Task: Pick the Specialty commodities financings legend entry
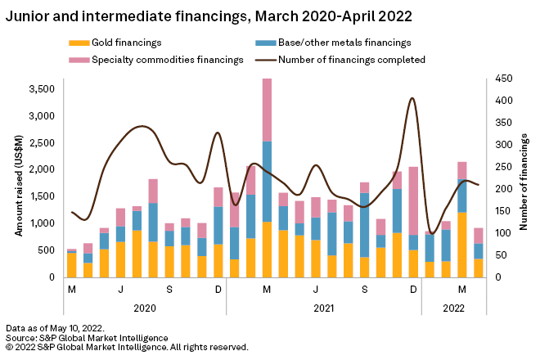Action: tap(156, 59)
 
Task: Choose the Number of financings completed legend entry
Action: tap(351, 59)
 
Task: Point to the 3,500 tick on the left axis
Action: tap(42, 88)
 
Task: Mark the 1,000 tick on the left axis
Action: tap(42, 223)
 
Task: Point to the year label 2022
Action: tap(453, 309)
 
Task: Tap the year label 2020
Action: tap(144, 309)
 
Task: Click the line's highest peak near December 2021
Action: tap(412, 98)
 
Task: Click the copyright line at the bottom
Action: tap(126, 347)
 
